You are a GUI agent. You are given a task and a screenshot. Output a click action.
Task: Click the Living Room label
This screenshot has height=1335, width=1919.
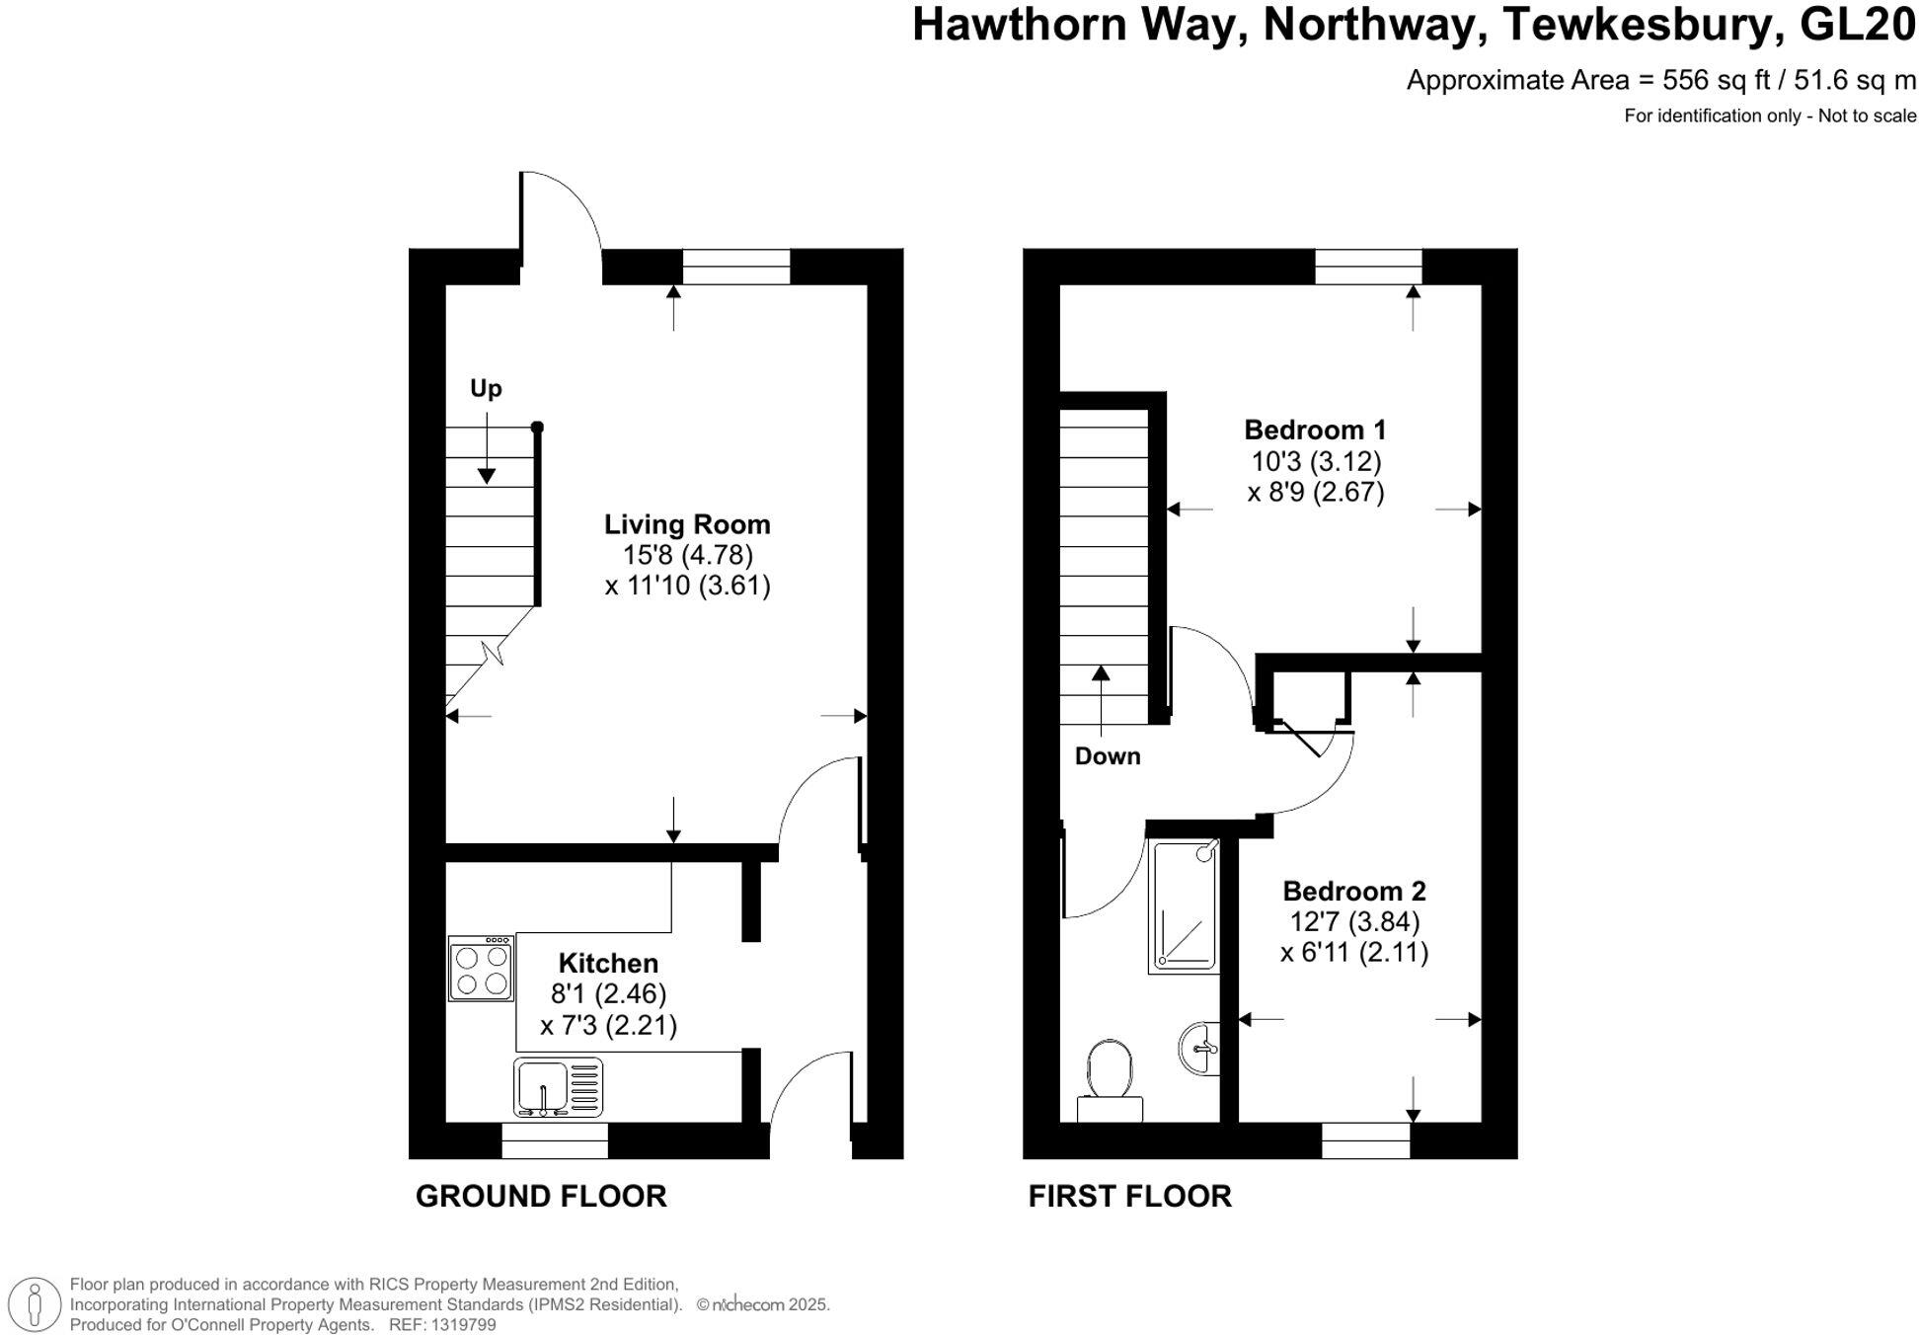pos(687,524)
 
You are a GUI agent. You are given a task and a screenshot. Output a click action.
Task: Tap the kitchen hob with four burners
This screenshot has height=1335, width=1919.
pos(481,969)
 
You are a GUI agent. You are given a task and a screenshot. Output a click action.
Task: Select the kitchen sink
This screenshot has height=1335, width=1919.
pos(558,1087)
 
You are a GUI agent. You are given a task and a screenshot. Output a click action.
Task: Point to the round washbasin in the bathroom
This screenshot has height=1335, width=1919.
pos(1199,1048)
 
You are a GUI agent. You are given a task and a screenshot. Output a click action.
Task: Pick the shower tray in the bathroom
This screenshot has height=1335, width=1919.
pos(1185,905)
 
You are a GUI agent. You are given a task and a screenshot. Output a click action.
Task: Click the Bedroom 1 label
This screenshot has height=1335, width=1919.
pos(1315,431)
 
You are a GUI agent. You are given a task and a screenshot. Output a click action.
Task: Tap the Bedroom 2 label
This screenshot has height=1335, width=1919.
pos(1353,891)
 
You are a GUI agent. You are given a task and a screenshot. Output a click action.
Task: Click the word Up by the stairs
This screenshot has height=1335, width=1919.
pos(486,388)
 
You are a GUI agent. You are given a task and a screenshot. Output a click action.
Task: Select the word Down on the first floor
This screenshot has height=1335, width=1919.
pos(1108,756)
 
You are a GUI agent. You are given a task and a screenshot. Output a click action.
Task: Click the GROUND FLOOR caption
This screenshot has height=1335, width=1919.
pos(541,1196)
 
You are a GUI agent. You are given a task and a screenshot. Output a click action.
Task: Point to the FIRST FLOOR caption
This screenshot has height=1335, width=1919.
pos(1129,1196)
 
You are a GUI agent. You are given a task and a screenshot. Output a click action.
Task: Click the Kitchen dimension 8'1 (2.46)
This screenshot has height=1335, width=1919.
pos(608,993)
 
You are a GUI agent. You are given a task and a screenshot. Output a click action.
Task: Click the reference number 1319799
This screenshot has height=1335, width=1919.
pos(463,1325)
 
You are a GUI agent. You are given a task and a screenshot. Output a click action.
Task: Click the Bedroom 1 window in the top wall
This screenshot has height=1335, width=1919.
pos(1368,267)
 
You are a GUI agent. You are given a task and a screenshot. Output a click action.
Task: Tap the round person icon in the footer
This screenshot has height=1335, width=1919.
pos(37,1303)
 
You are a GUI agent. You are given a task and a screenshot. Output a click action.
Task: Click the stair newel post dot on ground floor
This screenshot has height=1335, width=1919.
pos(537,428)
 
